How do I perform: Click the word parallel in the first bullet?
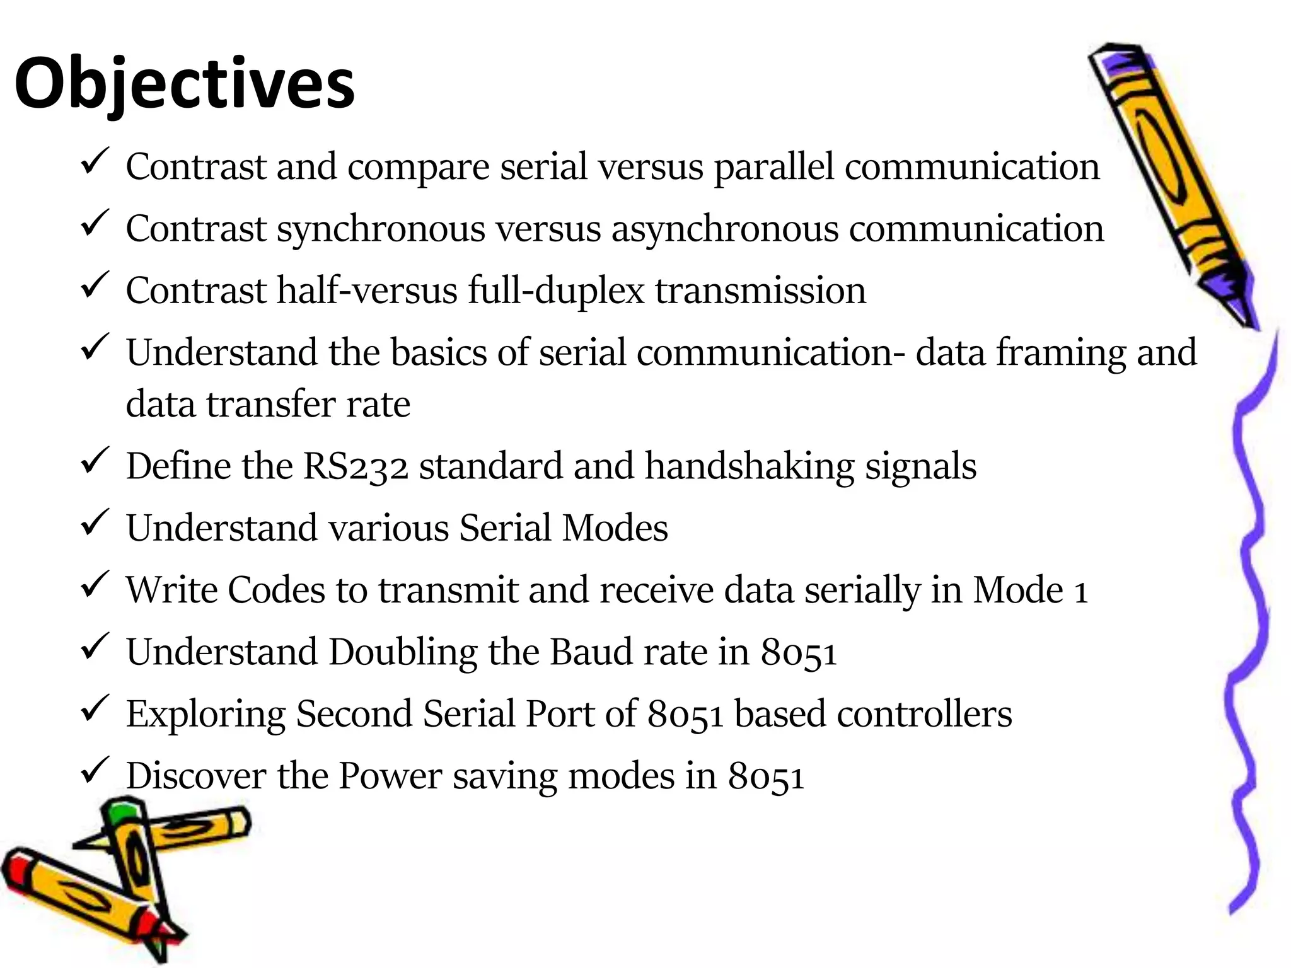774,168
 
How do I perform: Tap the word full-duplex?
556,291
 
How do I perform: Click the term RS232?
356,466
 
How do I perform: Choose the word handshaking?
750,466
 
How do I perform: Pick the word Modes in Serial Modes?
615,528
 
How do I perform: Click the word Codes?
275,591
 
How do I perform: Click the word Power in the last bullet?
390,776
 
